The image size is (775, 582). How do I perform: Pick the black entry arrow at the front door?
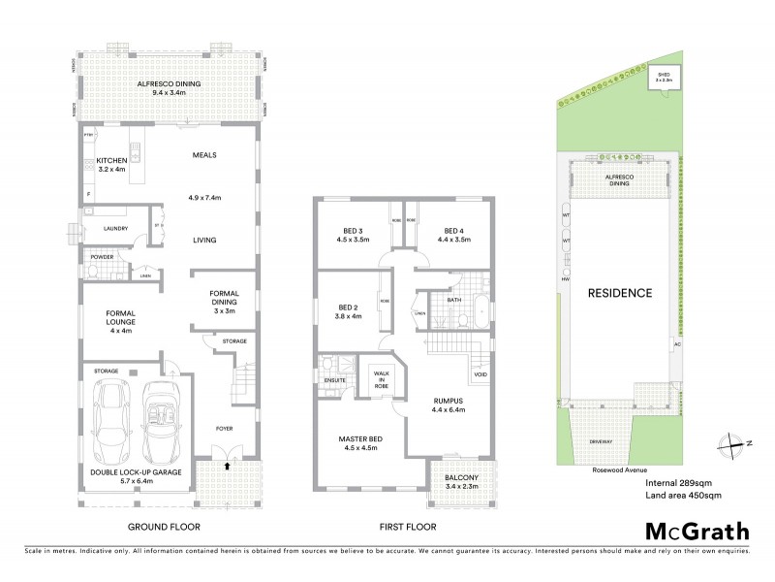[228, 467]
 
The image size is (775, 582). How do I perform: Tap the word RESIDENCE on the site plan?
[617, 292]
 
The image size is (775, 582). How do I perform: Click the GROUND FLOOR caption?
[165, 528]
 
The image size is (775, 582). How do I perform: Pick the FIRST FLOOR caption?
[406, 528]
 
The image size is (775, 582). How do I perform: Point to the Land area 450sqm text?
[683, 496]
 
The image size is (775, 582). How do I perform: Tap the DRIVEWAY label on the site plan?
[601, 442]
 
